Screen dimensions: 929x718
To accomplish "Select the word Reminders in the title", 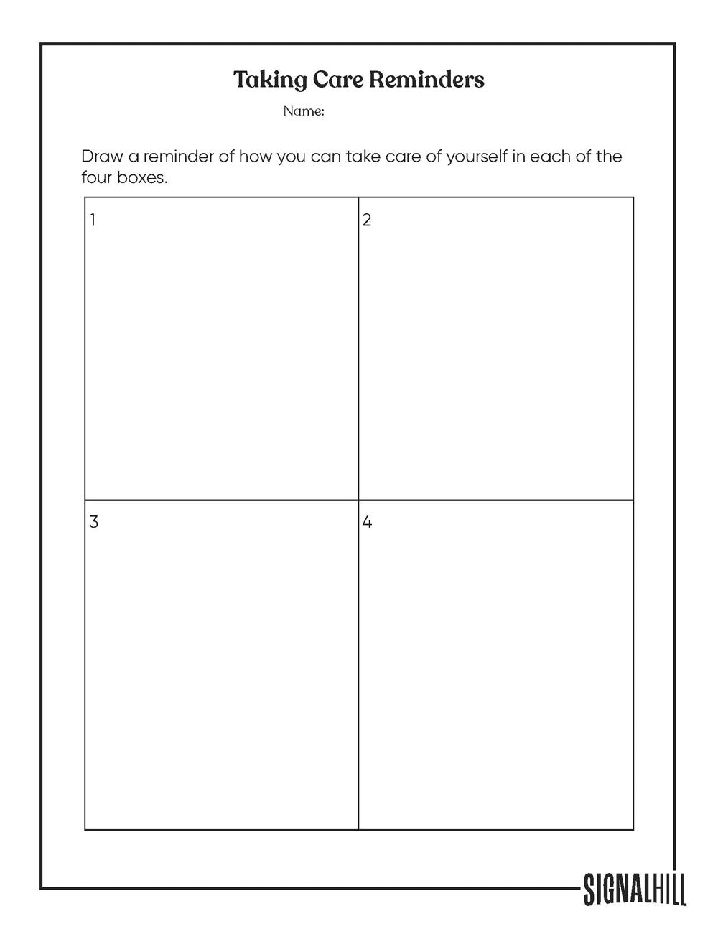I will pos(426,80).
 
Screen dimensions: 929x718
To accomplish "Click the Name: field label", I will pos(304,111).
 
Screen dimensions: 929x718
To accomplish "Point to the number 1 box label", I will pos(93,220).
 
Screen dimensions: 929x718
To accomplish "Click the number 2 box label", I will pos(367,220).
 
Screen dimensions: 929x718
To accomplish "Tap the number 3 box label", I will pos(93,522).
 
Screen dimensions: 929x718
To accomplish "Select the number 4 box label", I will pos(367,522).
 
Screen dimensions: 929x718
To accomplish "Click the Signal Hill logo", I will pos(635,889).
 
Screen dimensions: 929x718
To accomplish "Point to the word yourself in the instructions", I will pos(477,157).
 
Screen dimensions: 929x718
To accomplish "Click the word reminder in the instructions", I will pos(177,157).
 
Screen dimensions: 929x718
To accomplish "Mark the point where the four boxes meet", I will pos(358,500).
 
